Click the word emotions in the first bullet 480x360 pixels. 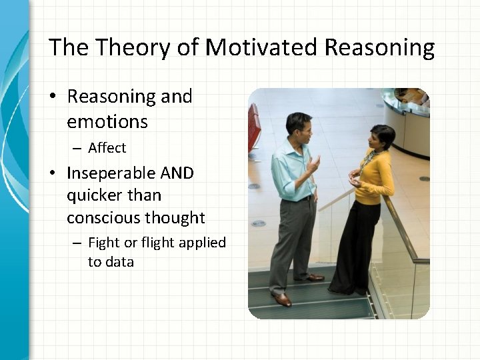(x=107, y=122)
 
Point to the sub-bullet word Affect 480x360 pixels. (x=107, y=147)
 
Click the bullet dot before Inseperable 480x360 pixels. (x=53, y=174)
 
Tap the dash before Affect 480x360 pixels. (x=77, y=148)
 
